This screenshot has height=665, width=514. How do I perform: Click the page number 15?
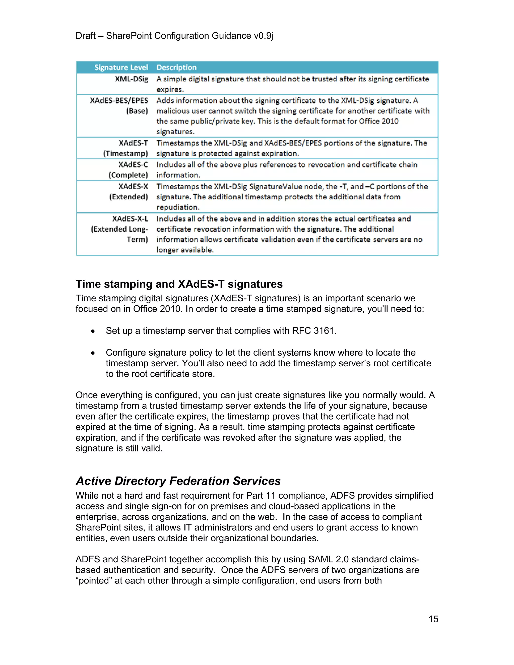click(433, 619)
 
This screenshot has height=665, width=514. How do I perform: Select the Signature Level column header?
click(121, 67)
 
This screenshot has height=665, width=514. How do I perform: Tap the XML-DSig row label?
click(131, 79)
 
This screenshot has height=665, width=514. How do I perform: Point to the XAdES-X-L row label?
click(130, 219)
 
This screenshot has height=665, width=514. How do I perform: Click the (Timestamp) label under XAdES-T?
click(125, 154)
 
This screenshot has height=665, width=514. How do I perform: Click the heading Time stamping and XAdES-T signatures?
click(179, 284)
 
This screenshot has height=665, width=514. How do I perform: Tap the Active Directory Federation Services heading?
click(178, 481)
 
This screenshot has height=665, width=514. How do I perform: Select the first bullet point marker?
click(93, 331)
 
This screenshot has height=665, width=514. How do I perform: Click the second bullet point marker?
click(93, 353)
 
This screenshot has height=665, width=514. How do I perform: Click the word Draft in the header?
click(86, 36)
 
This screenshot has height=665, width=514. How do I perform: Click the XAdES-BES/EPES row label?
click(119, 100)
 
